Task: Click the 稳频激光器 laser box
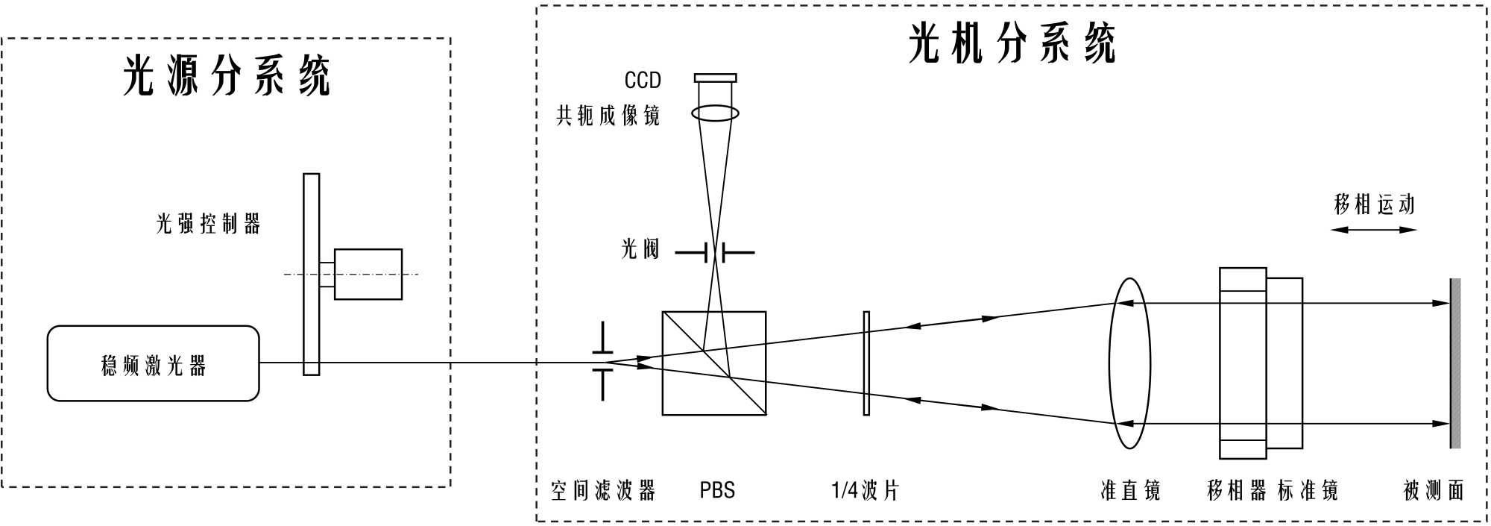(153, 363)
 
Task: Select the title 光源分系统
(226, 75)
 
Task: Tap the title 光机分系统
(1012, 43)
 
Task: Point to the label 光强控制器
(208, 224)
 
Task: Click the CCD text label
(643, 80)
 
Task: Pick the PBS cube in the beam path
(713, 363)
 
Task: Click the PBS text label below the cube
(717, 490)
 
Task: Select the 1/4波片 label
(865, 490)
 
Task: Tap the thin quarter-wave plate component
(866, 363)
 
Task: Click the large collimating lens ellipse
(1129, 363)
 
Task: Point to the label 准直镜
(1130, 490)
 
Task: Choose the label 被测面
(1434, 490)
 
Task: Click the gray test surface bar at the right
(1454, 363)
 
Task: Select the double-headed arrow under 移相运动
(1373, 230)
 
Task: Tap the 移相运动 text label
(1374, 204)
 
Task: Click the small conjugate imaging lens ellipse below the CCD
(715, 113)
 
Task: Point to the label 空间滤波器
(603, 490)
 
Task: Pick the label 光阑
(640, 248)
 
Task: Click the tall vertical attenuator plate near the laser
(312, 274)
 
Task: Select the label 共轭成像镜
(608, 116)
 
